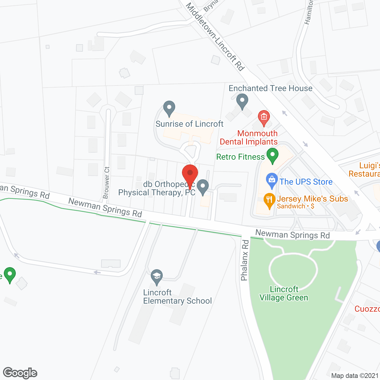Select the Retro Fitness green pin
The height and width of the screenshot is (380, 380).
click(272, 155)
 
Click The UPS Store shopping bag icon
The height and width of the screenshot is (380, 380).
click(272, 180)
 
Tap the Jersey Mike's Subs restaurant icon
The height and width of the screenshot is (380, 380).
click(269, 200)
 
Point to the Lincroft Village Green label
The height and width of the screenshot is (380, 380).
click(284, 293)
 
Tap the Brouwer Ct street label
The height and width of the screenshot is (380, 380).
click(106, 183)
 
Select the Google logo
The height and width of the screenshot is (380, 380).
click(20, 373)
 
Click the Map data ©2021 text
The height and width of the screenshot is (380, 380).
click(355, 376)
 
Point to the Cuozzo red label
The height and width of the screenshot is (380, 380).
click(367, 309)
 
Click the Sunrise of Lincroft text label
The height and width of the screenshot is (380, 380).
click(189, 124)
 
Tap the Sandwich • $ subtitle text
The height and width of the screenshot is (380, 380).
click(295, 206)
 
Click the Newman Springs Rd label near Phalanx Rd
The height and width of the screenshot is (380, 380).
click(292, 235)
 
